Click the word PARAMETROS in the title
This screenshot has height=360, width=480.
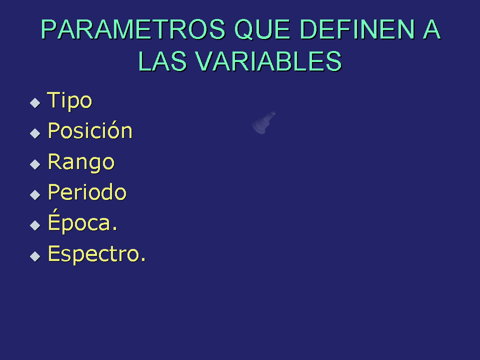(x=133, y=29)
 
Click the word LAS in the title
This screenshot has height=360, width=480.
(x=162, y=61)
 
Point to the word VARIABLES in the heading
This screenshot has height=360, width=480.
(x=268, y=61)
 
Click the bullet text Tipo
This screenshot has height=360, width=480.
(x=69, y=100)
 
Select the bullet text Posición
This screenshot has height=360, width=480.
(x=90, y=130)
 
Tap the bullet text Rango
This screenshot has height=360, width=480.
(x=81, y=162)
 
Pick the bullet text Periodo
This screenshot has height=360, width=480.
(x=87, y=192)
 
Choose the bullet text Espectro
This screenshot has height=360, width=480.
(x=96, y=254)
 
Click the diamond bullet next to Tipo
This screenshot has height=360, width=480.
(x=35, y=103)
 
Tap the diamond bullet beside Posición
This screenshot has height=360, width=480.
(x=35, y=133)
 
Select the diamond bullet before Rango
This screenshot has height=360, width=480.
(x=35, y=164)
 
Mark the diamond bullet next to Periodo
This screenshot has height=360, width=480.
(x=35, y=194)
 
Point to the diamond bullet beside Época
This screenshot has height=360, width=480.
(x=35, y=225)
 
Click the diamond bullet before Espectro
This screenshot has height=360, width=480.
(x=35, y=256)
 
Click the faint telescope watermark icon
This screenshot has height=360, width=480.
(x=262, y=123)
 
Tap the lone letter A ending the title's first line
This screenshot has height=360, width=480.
(x=432, y=29)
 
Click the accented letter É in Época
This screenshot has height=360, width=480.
(x=53, y=219)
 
